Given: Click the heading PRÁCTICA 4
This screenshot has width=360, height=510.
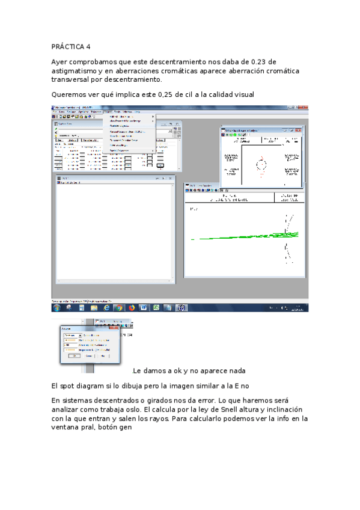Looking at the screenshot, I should [x=71, y=46].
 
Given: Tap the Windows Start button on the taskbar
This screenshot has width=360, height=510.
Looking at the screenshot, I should [x=56, y=307].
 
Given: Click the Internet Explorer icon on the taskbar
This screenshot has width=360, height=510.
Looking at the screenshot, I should [x=106, y=307].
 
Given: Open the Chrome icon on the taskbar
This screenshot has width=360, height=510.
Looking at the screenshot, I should [x=119, y=307].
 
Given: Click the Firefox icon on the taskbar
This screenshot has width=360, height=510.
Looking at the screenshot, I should [x=131, y=307].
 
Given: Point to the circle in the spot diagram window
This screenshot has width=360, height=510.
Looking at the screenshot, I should [x=261, y=164].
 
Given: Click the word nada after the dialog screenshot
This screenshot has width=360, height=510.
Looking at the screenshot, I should [x=236, y=370].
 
